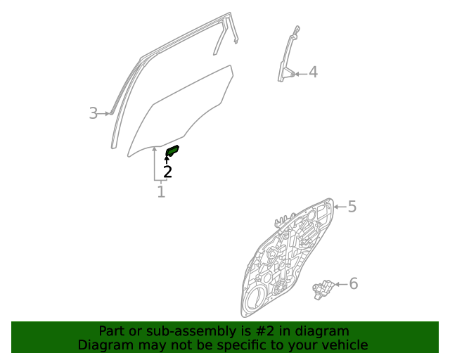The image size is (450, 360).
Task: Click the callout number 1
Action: (x=161, y=191)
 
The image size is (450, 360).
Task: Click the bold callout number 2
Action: (x=167, y=171)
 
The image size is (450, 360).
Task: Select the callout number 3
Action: (x=93, y=113)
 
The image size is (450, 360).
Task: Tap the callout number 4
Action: (x=313, y=72)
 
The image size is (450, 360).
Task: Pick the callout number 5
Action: (x=352, y=207)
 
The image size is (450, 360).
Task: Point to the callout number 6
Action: (x=353, y=283)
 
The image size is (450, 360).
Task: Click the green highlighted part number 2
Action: (x=172, y=151)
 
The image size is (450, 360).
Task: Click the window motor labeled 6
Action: (x=323, y=288)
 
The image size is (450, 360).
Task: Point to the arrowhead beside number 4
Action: (x=297, y=72)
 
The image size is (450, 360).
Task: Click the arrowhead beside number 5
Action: (x=336, y=207)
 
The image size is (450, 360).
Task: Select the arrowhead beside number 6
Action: (x=337, y=284)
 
